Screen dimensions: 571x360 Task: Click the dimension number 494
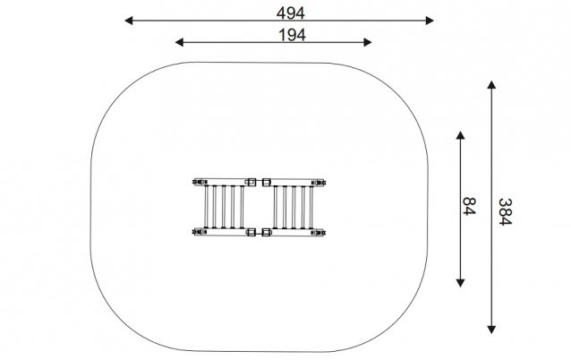(290, 13)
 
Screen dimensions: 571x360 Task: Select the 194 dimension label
(292, 35)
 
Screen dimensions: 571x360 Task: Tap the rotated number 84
(469, 206)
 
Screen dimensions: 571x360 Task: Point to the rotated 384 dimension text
(505, 212)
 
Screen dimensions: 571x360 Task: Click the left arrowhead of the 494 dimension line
(128, 21)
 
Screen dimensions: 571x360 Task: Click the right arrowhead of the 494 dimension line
(430, 21)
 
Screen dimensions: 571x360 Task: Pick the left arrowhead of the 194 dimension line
(179, 42)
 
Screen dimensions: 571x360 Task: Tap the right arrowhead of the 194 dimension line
(368, 42)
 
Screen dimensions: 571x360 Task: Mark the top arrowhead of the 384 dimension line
(491, 84)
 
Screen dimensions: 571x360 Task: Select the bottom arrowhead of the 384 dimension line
(491, 330)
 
